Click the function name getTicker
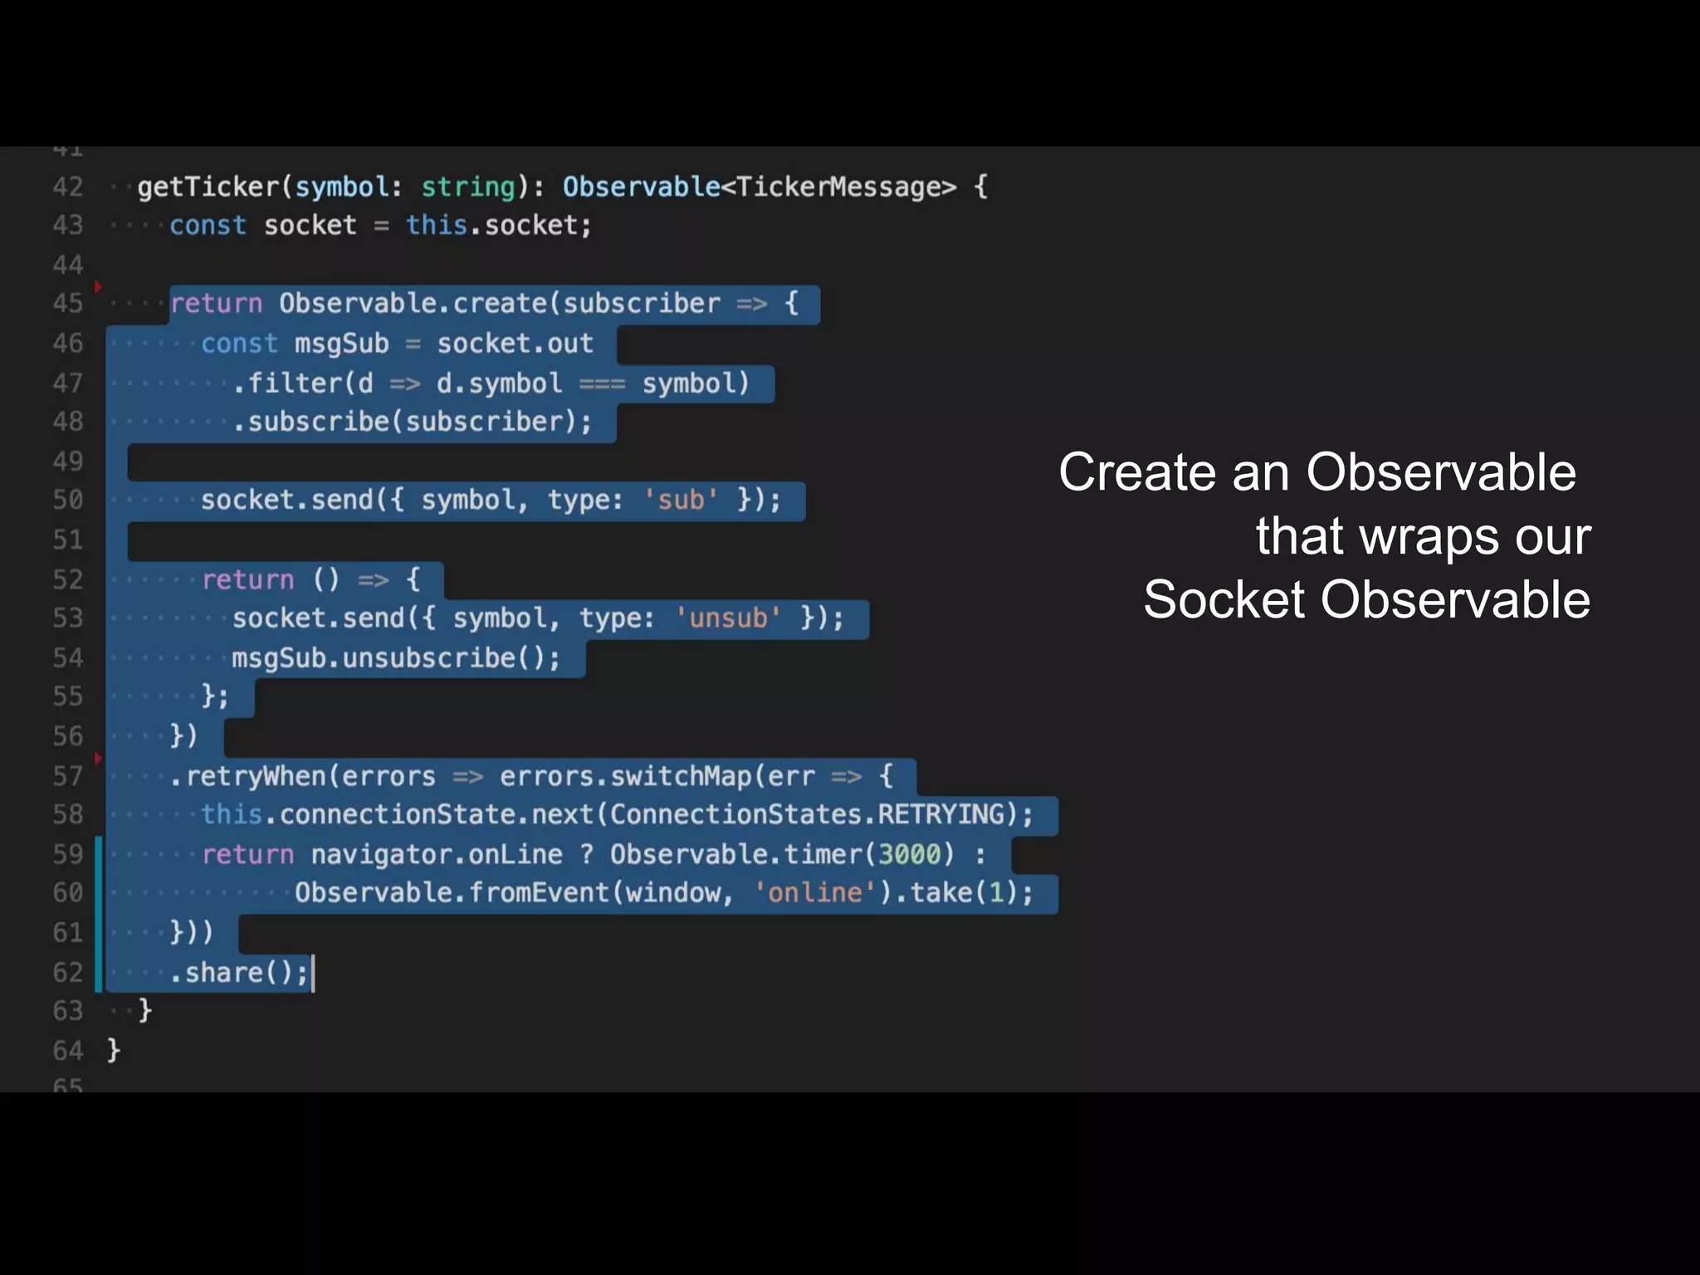pyautogui.click(x=208, y=187)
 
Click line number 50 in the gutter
pyautogui.click(x=68, y=500)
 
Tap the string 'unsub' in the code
pyautogui.click(x=727, y=618)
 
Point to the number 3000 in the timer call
pyautogui.click(x=909, y=854)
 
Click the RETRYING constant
pyautogui.click(x=941, y=814)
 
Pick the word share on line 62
pyautogui.click(x=223, y=972)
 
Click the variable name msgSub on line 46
pyautogui.click(x=341, y=344)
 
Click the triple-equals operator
pyautogui.click(x=602, y=383)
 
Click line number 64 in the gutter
pyautogui.click(x=68, y=1051)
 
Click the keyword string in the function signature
pyautogui.click(x=468, y=187)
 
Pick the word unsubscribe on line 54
pyautogui.click(x=429, y=658)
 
